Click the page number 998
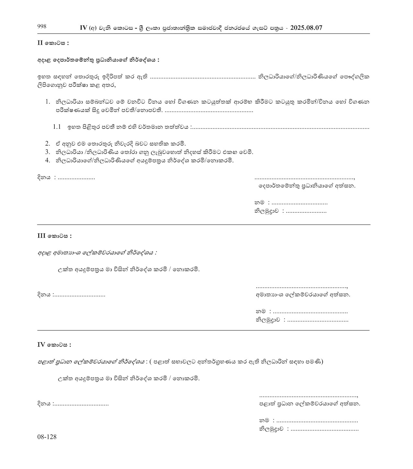point(42,27)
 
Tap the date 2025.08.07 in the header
point(306,28)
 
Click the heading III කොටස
point(54,236)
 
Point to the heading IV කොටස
point(54,345)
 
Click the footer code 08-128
point(47,437)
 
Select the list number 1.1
point(57,127)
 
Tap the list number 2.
point(48,143)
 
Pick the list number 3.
point(48,152)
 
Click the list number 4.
point(48,160)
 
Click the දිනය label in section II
point(44,178)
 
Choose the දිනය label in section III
point(44,295)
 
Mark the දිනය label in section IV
point(44,404)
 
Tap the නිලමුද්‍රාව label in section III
point(268,320)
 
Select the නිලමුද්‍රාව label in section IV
point(271,429)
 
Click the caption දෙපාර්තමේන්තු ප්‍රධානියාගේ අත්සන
point(307,186)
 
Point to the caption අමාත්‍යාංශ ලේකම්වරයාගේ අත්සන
point(303,295)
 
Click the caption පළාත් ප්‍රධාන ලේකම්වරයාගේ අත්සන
point(310,404)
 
